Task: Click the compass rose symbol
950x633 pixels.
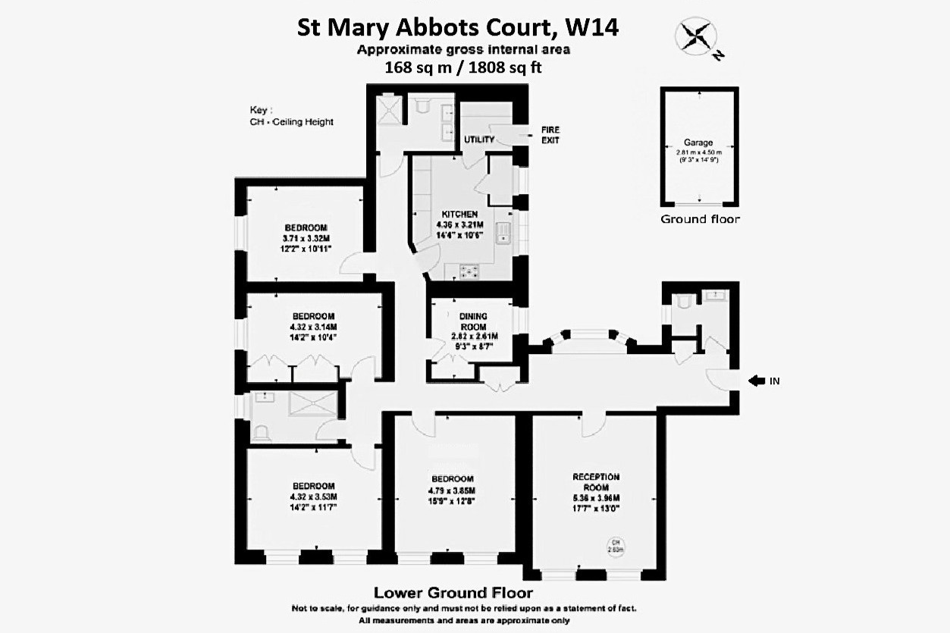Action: tap(695, 37)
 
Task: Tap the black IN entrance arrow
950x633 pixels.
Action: tap(756, 381)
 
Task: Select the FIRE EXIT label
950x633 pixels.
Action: tap(550, 135)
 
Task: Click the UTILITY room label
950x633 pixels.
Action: tap(479, 139)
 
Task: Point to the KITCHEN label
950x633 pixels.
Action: tap(459, 215)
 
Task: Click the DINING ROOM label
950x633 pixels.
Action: tap(473, 321)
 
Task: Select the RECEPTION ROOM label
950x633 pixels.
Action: tap(595, 481)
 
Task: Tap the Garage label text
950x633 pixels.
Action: tap(698, 142)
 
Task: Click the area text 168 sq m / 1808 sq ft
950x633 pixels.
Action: tap(464, 67)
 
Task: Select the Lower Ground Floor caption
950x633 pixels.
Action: tap(453, 592)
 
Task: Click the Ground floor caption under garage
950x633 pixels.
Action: tap(700, 219)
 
